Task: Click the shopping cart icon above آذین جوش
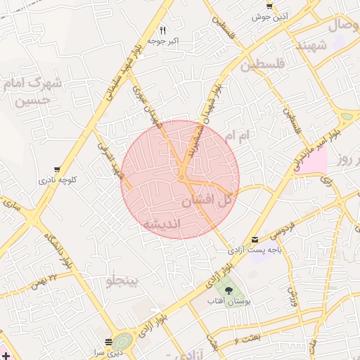click(x=269, y=5)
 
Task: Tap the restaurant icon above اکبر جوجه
click(x=162, y=30)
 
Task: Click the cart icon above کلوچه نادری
click(x=56, y=169)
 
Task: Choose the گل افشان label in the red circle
click(x=207, y=200)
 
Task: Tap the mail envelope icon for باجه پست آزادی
click(x=255, y=240)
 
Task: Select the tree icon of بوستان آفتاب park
click(x=228, y=289)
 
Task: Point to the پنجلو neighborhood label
click(x=123, y=282)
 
